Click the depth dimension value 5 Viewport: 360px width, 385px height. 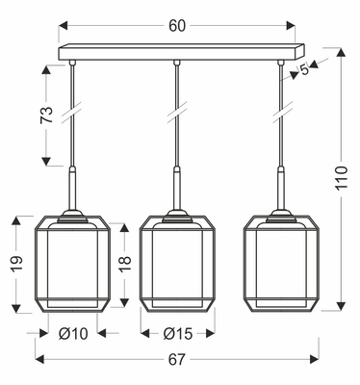[x=305, y=69]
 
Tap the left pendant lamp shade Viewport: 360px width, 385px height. [x=71, y=264]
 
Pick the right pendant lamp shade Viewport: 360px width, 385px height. [x=280, y=264]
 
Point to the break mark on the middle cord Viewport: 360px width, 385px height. [x=175, y=115]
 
